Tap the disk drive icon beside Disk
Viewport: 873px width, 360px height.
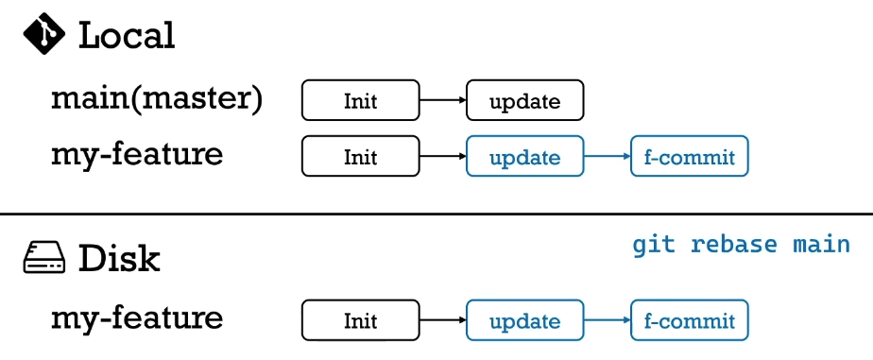pyautogui.click(x=43, y=258)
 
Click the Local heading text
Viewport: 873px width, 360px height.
pyautogui.click(x=127, y=36)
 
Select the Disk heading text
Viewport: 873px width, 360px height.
pyautogui.click(x=119, y=258)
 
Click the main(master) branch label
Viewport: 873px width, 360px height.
pyautogui.click(x=157, y=98)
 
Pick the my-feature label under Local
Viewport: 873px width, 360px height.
pyautogui.click(x=137, y=154)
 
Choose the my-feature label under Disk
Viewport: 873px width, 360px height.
pyautogui.click(x=137, y=317)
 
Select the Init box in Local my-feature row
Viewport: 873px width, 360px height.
pyautogui.click(x=360, y=157)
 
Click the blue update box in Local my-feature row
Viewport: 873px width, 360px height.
pyautogui.click(x=524, y=157)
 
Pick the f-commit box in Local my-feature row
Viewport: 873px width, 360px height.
pyautogui.click(x=689, y=157)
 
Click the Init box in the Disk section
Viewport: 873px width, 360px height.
pyautogui.click(x=360, y=321)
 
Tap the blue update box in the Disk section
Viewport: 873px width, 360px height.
pyautogui.click(x=524, y=321)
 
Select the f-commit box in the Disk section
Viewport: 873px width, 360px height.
pyautogui.click(x=689, y=321)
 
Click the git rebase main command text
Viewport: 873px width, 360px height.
pyautogui.click(x=741, y=245)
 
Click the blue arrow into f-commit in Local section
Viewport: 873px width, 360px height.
pyautogui.click(x=607, y=157)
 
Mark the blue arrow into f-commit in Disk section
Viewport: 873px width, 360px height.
pyautogui.click(x=607, y=321)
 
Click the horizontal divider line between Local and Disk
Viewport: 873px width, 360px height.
pyautogui.click(x=436, y=214)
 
